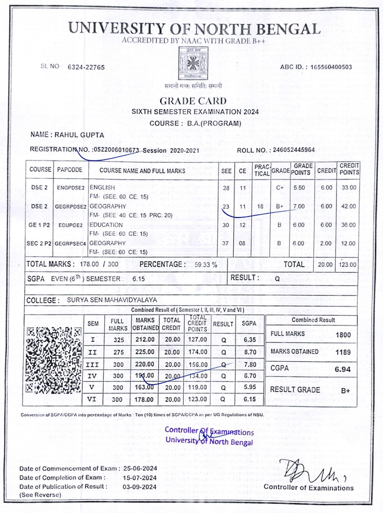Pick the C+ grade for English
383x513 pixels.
click(x=280, y=188)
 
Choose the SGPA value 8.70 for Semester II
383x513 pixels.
click(x=249, y=351)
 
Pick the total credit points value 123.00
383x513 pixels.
click(x=347, y=265)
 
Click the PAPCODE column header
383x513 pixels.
click(x=70, y=170)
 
